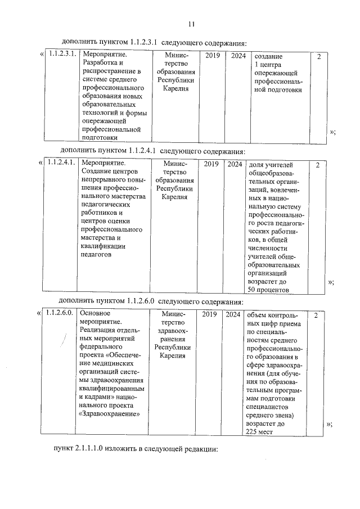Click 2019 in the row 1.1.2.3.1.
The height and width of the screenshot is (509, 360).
213,55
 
